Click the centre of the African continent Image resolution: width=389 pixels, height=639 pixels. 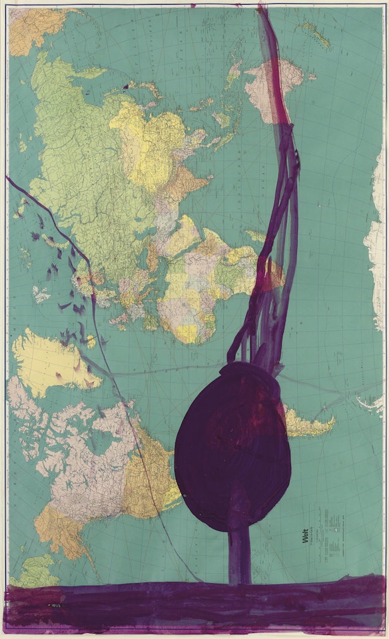(x=200, y=280)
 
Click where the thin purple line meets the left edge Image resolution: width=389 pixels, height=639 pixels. (x=9, y=178)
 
